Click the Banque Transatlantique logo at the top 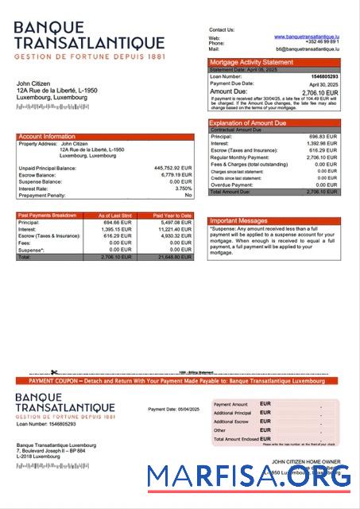(89, 41)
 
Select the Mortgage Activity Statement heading (250, 62)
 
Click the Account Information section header (47, 137)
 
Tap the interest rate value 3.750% (182, 188)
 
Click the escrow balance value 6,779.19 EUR (175, 175)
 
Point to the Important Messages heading (238, 220)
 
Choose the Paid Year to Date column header (172, 216)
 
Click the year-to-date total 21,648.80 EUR (174, 258)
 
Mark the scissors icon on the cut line (54, 372)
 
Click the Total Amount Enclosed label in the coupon (236, 439)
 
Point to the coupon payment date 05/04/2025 (173, 409)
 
